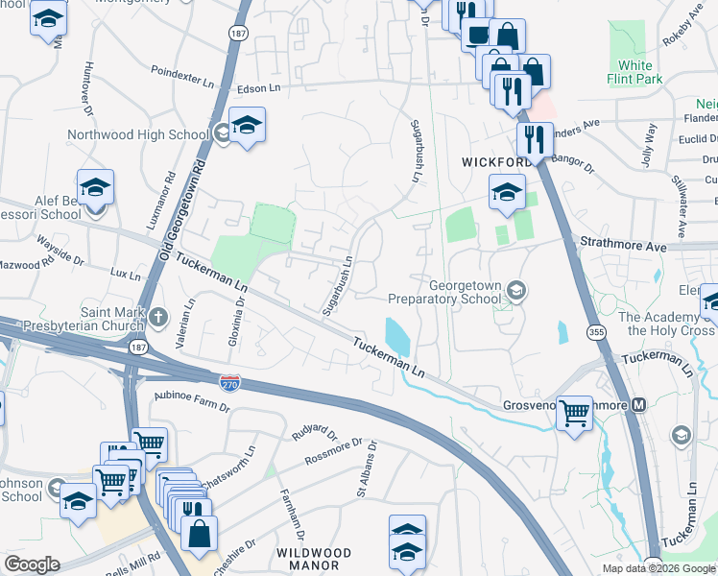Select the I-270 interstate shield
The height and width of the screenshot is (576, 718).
coord(229,382)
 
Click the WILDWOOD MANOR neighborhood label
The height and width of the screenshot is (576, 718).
coord(314,559)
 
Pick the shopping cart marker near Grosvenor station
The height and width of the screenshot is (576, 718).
coord(574,414)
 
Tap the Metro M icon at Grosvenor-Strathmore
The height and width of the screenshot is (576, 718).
coord(638,405)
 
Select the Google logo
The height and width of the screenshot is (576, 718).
coord(32,564)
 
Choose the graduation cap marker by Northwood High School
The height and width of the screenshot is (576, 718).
coord(247,125)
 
